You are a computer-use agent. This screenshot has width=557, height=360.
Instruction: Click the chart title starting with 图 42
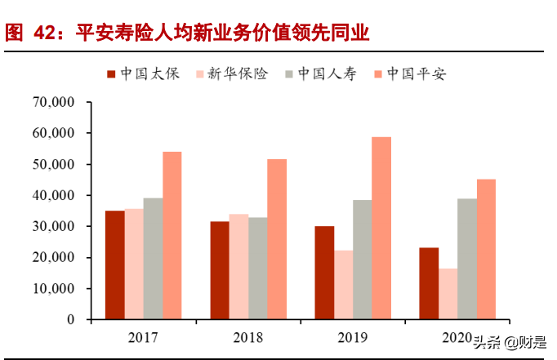point(187,33)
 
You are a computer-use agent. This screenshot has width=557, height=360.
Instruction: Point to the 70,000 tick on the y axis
point(52,102)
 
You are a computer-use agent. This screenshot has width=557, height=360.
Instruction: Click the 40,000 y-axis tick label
point(52,196)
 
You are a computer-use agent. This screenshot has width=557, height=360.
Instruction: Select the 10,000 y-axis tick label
point(52,289)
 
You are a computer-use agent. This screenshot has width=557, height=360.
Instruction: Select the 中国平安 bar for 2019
point(381,229)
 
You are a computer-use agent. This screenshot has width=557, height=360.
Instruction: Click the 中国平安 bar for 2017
point(172,235)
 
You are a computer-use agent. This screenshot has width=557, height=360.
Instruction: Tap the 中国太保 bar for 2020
point(428,283)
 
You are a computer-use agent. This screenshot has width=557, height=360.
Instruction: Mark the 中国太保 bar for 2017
point(114,265)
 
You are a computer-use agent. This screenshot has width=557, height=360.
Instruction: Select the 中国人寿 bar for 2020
point(467,259)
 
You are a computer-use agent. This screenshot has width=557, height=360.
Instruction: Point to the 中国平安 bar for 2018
point(277,239)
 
